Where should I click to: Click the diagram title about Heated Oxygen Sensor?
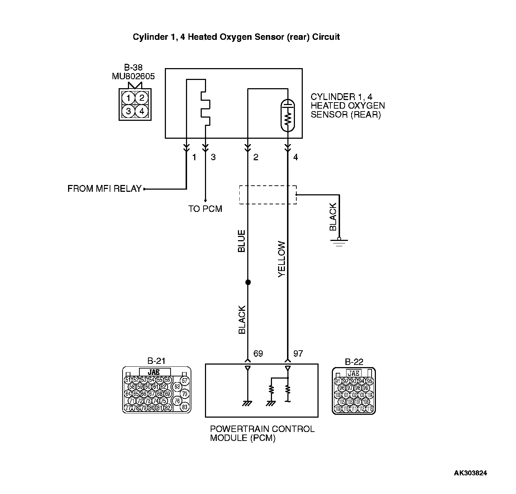[x=236, y=37]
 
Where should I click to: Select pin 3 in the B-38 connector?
[x=128, y=111]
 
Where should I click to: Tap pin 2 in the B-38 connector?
[x=142, y=98]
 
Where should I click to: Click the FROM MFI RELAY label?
[x=104, y=189]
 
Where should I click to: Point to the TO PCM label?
[x=205, y=209]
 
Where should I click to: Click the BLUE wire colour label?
[x=242, y=241]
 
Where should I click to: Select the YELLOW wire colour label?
[x=282, y=259]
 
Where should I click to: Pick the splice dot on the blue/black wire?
[x=248, y=282]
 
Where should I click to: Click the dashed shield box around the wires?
[x=268, y=195]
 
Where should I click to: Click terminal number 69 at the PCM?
[x=258, y=353]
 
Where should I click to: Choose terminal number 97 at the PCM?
[x=298, y=353]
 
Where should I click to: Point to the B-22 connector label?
[x=354, y=362]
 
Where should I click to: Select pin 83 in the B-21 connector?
[x=185, y=407]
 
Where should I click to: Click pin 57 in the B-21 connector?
[x=185, y=381]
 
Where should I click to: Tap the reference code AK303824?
[x=470, y=473]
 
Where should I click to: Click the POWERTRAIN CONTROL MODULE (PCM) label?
[x=262, y=433]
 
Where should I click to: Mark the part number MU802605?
[x=133, y=76]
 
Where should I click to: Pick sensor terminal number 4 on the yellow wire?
[x=295, y=157]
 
